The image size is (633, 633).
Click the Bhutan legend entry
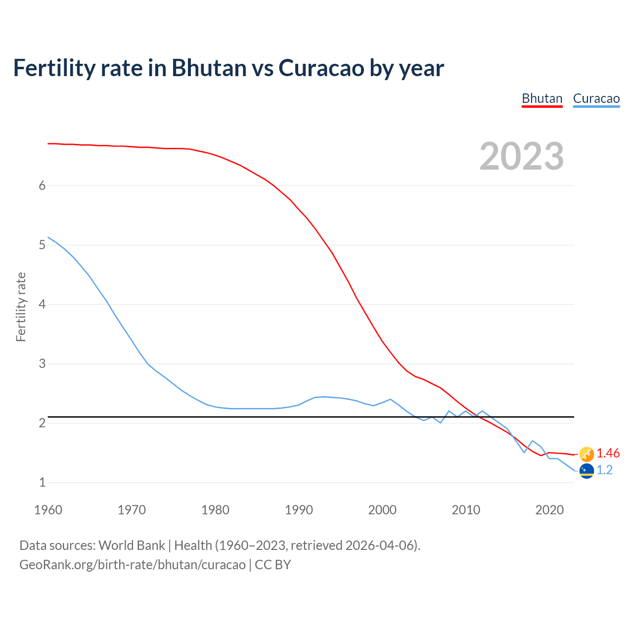coord(542,98)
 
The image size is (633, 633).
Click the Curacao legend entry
coord(596,98)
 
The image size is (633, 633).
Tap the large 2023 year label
coord(522,156)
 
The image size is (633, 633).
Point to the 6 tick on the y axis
coord(42,185)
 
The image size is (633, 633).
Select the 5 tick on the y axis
coord(42,245)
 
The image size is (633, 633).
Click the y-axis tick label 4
coord(42,304)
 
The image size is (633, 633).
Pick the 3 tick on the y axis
coord(42,363)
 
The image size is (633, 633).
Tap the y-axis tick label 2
coord(42,423)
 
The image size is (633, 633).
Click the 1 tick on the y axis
coord(42,482)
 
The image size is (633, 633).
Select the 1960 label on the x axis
coord(48,510)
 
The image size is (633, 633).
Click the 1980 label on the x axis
coord(215,510)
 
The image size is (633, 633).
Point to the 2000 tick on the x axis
coord(382,510)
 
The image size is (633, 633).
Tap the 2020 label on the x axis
coord(549,510)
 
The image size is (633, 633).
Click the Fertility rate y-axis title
coord(21,307)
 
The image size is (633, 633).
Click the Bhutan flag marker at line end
coord(587,453)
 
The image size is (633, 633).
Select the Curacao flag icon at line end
coord(587,471)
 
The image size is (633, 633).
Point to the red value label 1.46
coord(608,453)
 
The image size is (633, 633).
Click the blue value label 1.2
coord(604,470)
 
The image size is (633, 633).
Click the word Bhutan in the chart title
coord(209,68)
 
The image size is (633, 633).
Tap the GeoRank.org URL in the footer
coord(132,565)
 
